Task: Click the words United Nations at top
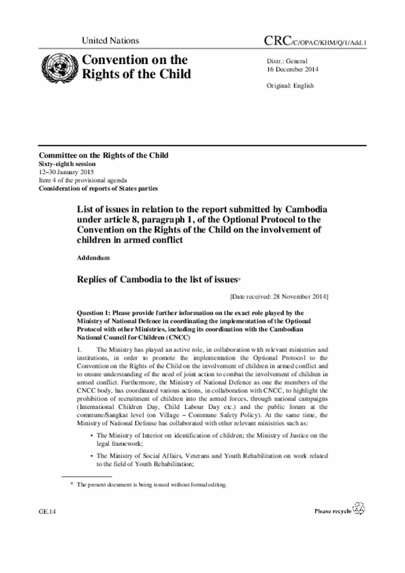(x=110, y=41)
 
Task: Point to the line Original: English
(x=290, y=85)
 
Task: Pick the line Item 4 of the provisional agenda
(x=81, y=180)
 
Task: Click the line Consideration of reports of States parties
(x=98, y=188)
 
